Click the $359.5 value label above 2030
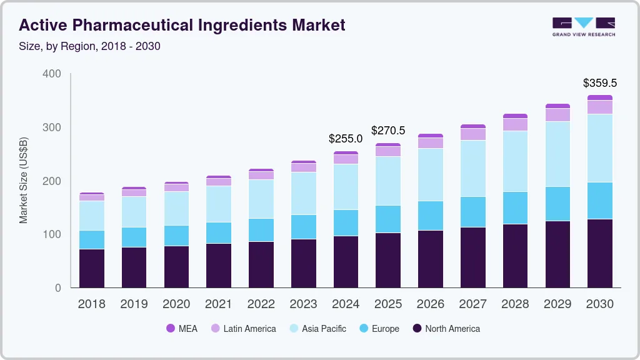[599, 82]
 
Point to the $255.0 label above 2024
[346, 139]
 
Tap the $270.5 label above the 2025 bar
[388, 131]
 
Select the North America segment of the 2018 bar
[92, 268]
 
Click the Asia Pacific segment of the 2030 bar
[599, 148]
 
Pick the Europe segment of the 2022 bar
[261, 229]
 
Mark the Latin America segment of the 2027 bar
[472, 134]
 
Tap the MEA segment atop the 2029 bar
[557, 106]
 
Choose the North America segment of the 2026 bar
[431, 259]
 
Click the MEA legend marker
[170, 329]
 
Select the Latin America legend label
[249, 329]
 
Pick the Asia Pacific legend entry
[324, 329]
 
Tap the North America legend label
[452, 329]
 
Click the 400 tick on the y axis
[52, 74]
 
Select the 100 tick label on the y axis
[52, 234]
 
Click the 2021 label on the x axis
[219, 304]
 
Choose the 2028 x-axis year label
[515, 304]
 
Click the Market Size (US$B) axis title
[24, 181]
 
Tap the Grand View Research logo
[583, 26]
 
